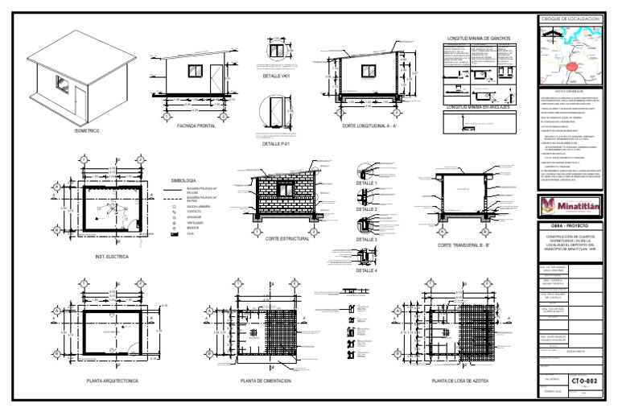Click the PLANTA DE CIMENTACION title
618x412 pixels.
tap(268, 380)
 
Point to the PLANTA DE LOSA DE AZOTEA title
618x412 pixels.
tap(459, 380)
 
